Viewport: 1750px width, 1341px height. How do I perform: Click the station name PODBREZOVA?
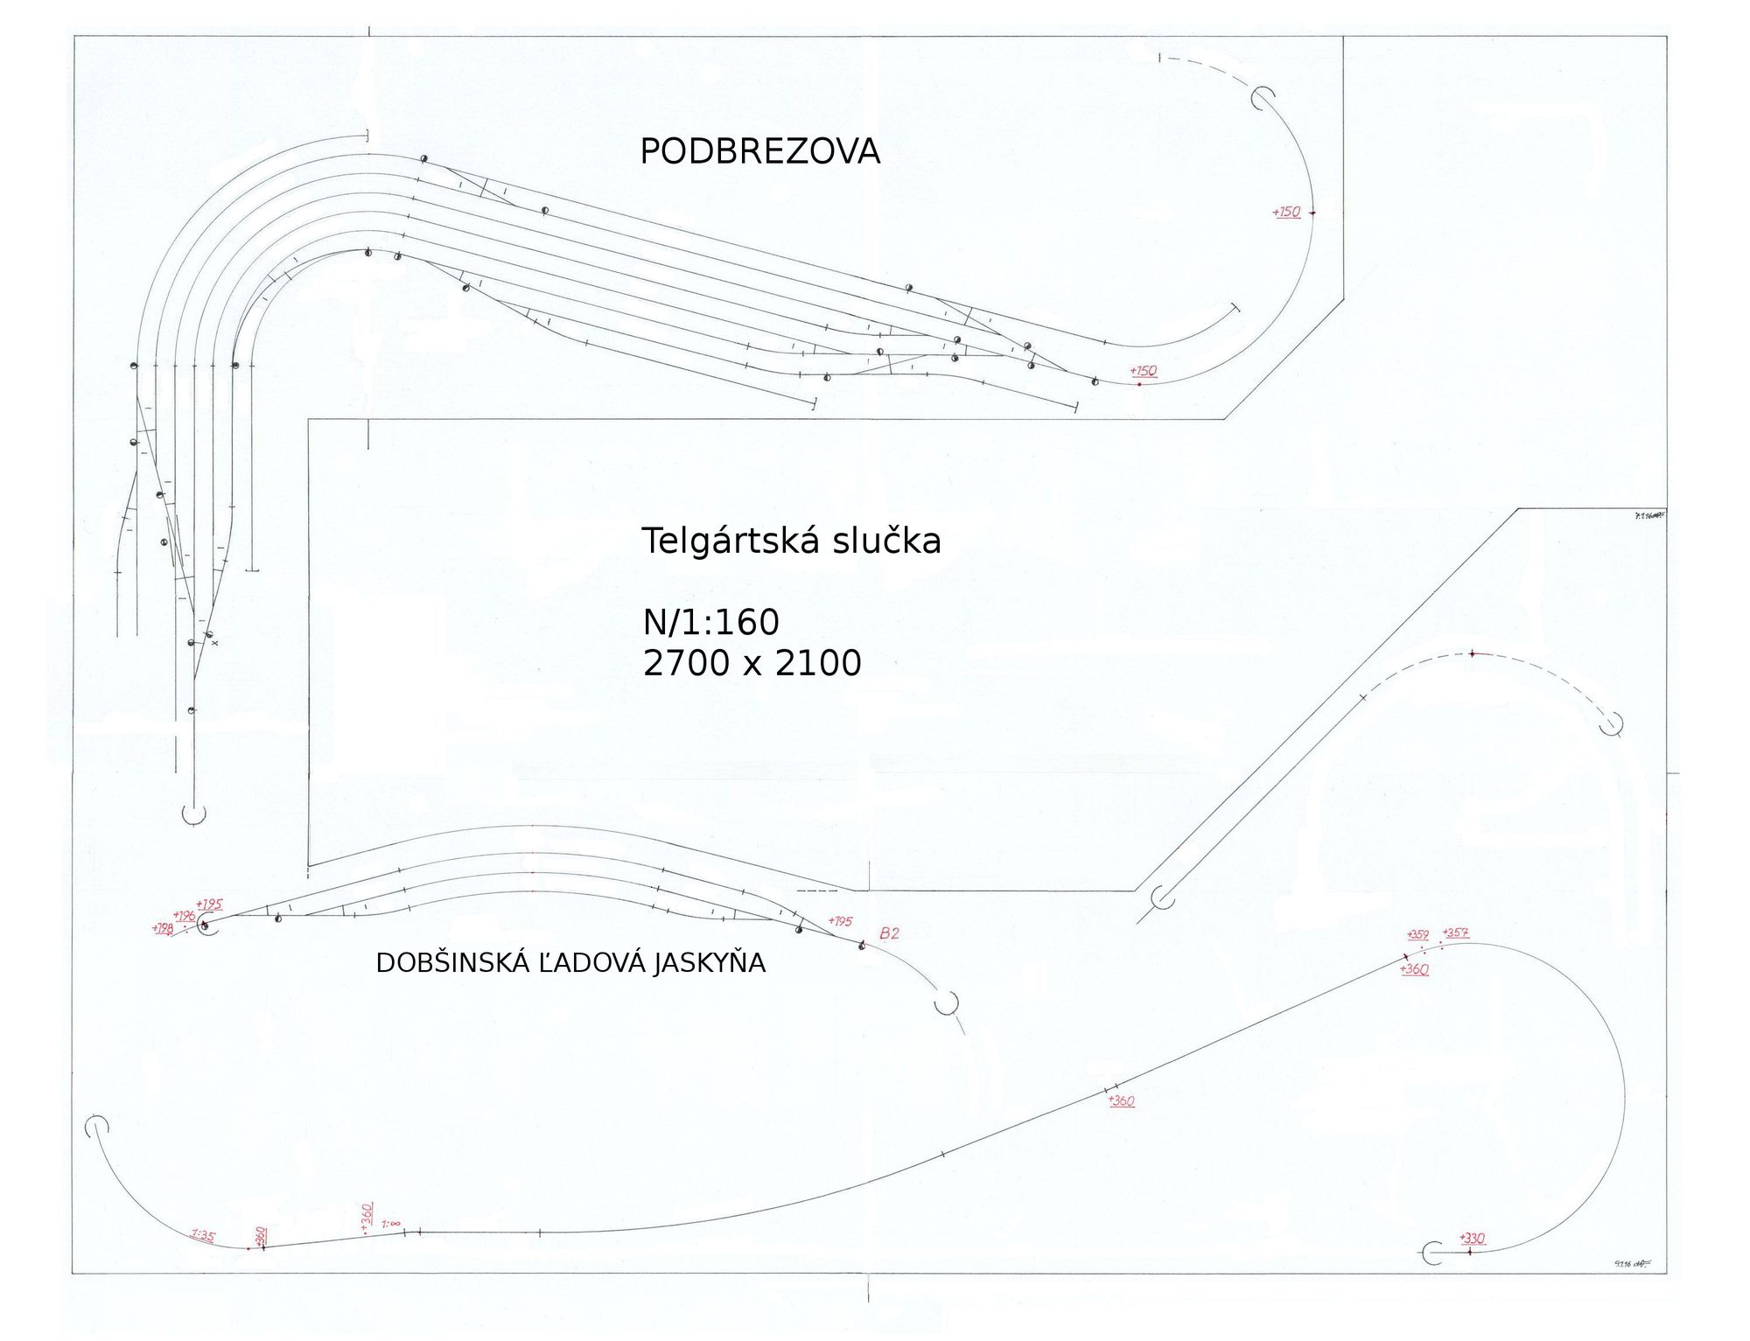pos(759,151)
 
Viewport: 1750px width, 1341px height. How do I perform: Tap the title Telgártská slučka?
pos(791,541)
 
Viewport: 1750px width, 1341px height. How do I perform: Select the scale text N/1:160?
pos(710,622)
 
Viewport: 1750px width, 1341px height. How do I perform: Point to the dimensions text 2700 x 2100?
pos(752,663)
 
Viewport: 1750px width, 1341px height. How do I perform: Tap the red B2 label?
pos(889,933)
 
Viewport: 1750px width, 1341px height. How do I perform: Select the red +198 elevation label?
pos(163,929)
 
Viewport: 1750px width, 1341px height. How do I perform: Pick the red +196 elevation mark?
pos(185,916)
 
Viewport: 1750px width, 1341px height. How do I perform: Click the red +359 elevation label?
pos(1417,935)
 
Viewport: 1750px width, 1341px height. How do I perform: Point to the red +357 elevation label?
pos(1456,932)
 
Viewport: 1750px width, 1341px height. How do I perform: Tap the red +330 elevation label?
pos(1473,1238)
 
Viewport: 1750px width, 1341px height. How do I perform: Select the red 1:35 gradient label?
pos(203,1235)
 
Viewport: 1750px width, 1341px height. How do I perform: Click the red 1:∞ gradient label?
pos(390,1224)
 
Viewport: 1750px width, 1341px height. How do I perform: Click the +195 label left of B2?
pos(840,921)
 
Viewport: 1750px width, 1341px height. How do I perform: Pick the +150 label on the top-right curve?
pos(1286,212)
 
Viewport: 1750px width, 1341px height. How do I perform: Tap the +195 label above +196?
pos(209,904)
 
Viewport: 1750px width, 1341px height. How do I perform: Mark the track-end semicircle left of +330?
pos(1431,1253)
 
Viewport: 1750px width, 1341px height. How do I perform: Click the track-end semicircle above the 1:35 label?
pos(96,1126)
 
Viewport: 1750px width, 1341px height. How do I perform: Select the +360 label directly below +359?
pos(1414,969)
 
